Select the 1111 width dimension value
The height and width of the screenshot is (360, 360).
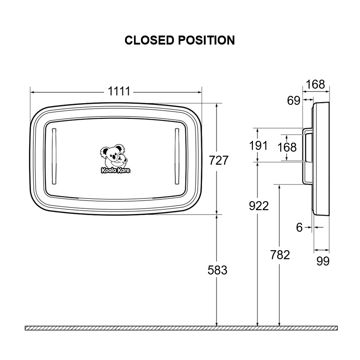point(119,91)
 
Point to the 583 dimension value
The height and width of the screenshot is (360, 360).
point(217,270)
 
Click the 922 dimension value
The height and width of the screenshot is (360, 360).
point(258,206)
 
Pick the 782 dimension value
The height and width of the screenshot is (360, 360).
point(280,255)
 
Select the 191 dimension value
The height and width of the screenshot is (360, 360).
point(258,145)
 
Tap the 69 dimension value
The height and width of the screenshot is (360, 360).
point(293,100)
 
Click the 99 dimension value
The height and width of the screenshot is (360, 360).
point(323,261)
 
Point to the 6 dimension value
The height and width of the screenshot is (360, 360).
point(300,228)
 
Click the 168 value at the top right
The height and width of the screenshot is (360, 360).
point(315,84)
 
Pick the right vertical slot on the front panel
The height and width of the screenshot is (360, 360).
point(177,156)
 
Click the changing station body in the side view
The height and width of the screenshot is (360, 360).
point(322,157)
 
